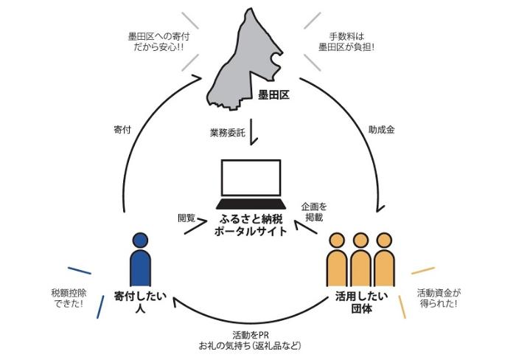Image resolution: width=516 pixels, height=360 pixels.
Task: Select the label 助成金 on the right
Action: click(382, 129)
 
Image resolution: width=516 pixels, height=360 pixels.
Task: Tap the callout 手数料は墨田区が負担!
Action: click(346, 41)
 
